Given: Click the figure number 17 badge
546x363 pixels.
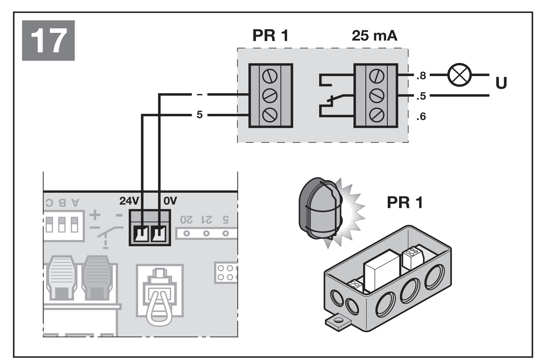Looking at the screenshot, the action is click(x=48, y=41).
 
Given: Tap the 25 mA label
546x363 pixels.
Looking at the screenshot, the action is click(x=375, y=36).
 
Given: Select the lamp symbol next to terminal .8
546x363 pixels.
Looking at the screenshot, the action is click(x=460, y=75).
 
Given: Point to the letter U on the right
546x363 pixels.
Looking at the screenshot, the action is click(x=501, y=83).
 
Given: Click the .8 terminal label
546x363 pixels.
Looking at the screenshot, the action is click(x=421, y=76).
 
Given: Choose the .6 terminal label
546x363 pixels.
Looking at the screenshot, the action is click(x=421, y=117).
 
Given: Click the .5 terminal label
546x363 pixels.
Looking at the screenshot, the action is click(x=421, y=96).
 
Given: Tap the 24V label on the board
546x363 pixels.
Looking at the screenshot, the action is click(x=129, y=201).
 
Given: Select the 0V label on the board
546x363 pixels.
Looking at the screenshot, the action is click(x=170, y=201).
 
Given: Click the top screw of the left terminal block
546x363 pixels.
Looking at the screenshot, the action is click(x=270, y=76).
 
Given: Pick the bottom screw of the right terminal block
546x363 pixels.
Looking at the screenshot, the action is click(x=377, y=115).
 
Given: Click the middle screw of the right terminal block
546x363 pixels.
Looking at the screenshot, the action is click(x=377, y=96).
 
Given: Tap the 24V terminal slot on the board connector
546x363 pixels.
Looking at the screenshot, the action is click(x=142, y=234).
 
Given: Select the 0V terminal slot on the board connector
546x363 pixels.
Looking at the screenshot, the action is click(x=159, y=234).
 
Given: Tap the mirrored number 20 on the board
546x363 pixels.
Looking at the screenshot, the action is click(x=186, y=220).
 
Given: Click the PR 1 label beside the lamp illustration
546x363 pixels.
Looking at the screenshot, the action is click(x=405, y=203).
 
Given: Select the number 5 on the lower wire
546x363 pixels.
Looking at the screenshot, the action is click(x=199, y=115).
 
